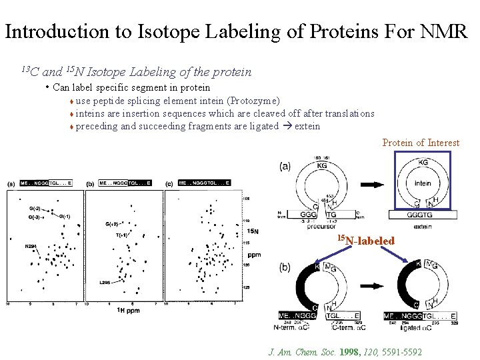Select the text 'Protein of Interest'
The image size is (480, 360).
[x=420, y=142]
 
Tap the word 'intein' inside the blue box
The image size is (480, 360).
[x=423, y=183]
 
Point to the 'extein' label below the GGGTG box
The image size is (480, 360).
[x=423, y=226]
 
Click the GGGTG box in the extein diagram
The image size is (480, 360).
[x=423, y=215]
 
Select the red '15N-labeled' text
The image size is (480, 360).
[x=365, y=240]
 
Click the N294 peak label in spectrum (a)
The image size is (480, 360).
[x=31, y=247]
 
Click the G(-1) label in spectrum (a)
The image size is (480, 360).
[x=65, y=216]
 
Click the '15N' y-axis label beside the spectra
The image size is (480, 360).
[x=253, y=231]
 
